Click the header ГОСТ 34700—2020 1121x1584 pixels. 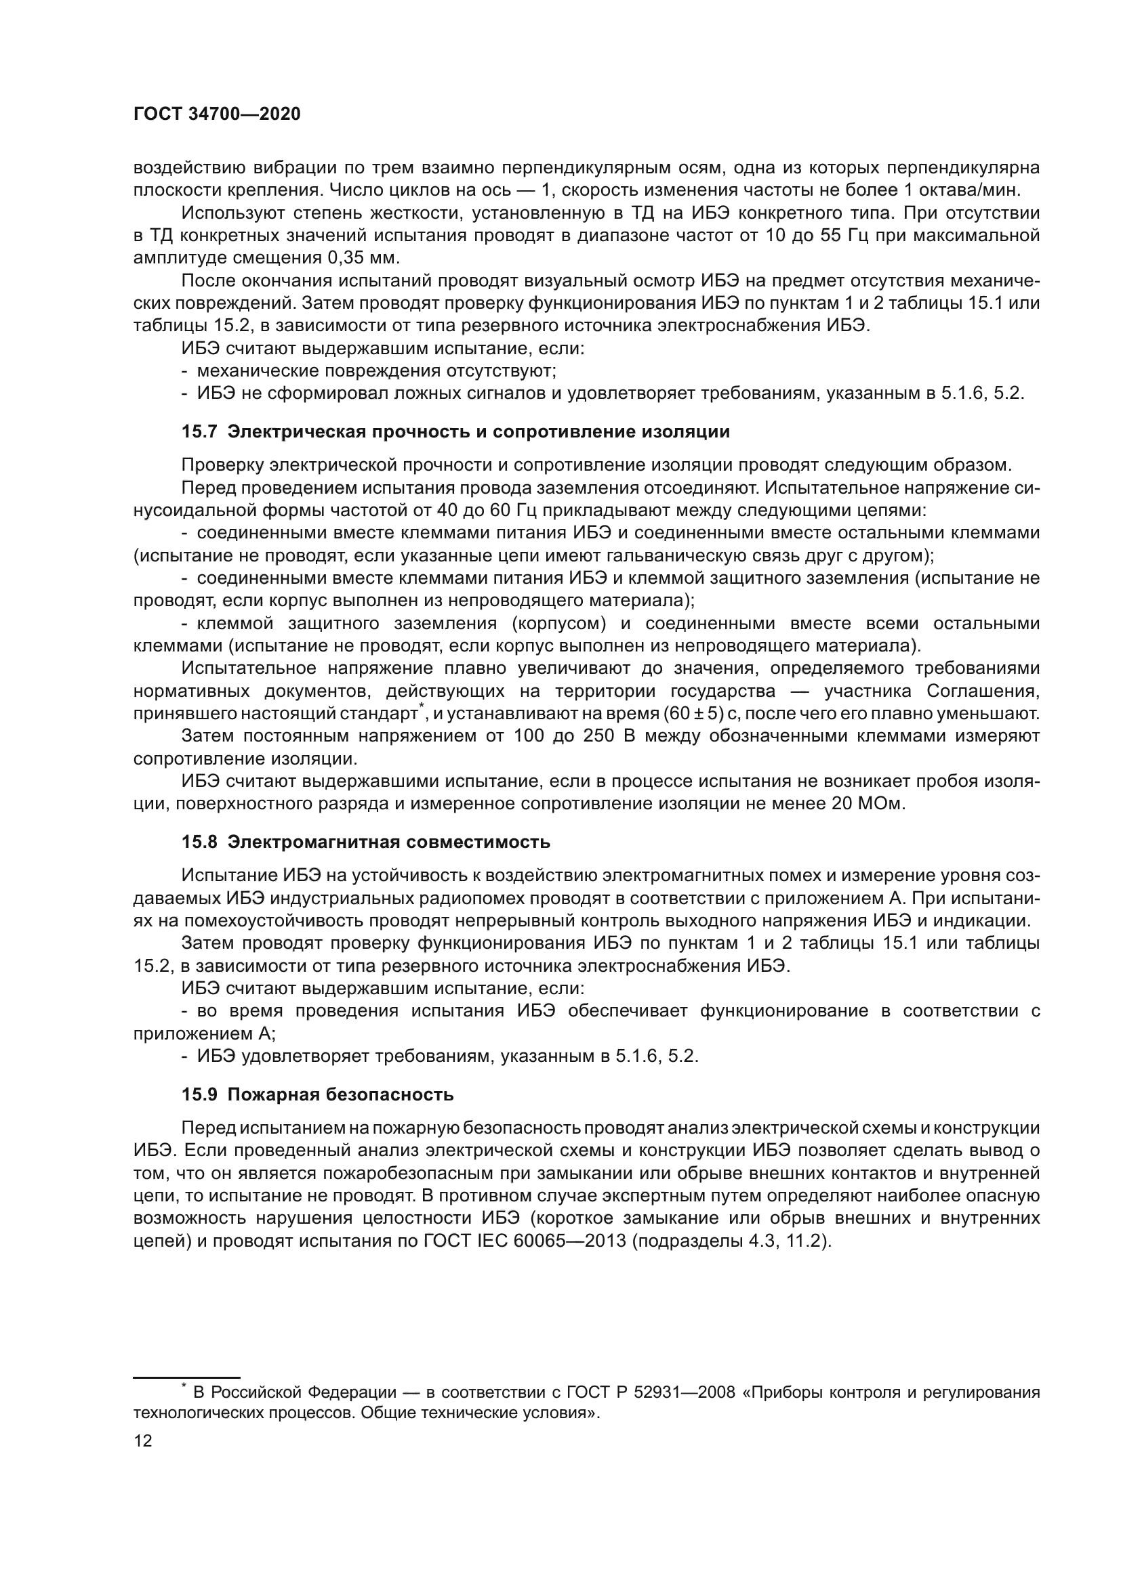pyautogui.click(x=217, y=114)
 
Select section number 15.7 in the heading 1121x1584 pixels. pyautogui.click(x=199, y=433)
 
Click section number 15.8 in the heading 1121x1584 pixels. pyautogui.click(x=199, y=842)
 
